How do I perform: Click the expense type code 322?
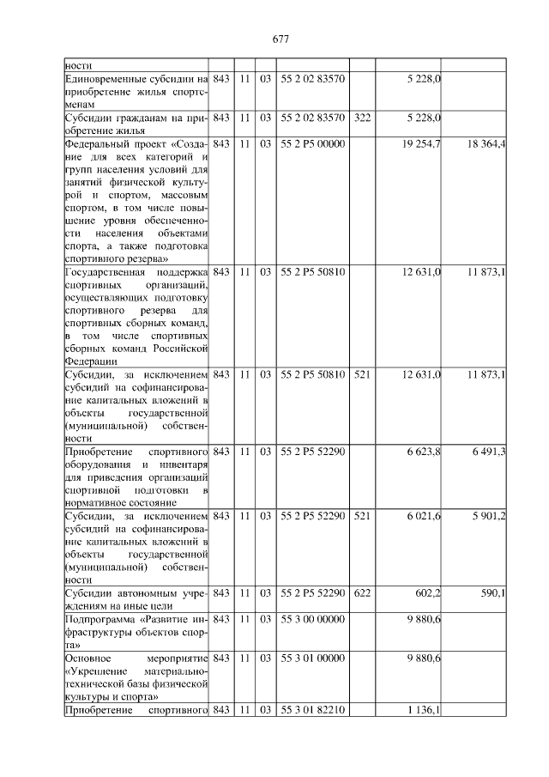tap(362, 118)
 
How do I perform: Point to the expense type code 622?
tap(362, 593)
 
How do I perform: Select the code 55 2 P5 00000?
tap(312, 144)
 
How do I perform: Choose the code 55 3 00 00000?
tap(312, 619)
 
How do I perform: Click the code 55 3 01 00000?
tap(312, 658)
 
